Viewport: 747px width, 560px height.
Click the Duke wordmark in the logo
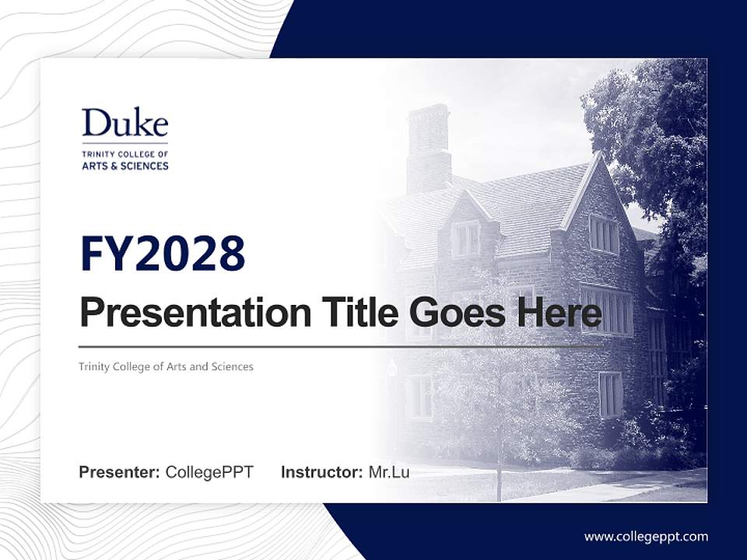[x=124, y=124]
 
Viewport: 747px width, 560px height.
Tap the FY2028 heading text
[x=163, y=254]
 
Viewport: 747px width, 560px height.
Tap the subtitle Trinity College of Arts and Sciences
[x=166, y=366]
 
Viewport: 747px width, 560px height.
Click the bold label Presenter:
[x=120, y=472]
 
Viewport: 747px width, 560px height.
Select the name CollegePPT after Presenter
[x=209, y=472]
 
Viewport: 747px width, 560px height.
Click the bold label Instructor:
[x=321, y=472]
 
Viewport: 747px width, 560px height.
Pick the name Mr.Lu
[x=388, y=472]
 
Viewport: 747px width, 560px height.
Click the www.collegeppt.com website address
[x=646, y=536]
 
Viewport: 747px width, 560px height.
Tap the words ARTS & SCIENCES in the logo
[x=124, y=166]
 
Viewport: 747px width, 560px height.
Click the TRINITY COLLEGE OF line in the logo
[x=124, y=154]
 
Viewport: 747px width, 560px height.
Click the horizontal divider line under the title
[x=340, y=347]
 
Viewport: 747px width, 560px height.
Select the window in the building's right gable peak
[x=603, y=233]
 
